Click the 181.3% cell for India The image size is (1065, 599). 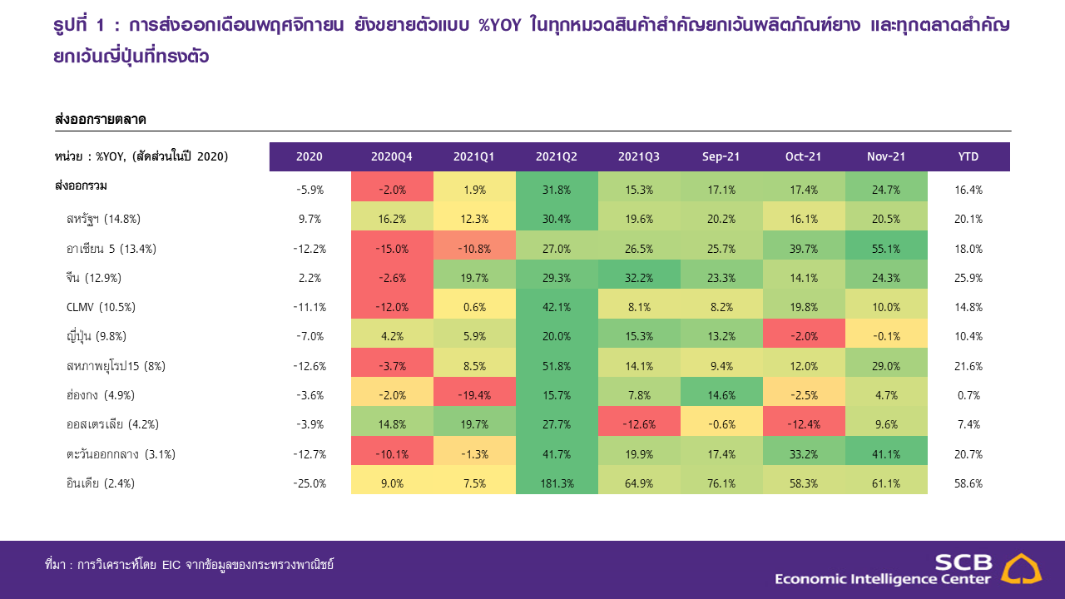(x=557, y=483)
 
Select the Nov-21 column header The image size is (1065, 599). (x=885, y=156)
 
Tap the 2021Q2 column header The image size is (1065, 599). (x=557, y=156)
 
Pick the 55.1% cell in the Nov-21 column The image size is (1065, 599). (x=885, y=249)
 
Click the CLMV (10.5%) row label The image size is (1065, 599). (x=101, y=307)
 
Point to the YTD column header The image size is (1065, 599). (x=968, y=156)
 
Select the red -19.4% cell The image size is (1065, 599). (x=474, y=395)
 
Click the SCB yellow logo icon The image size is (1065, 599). (x=1020, y=570)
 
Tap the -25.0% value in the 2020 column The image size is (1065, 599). (x=310, y=483)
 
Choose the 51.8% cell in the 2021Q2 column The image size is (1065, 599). (x=557, y=366)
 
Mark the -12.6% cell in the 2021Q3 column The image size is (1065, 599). (x=639, y=424)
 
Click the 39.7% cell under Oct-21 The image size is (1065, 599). (x=804, y=249)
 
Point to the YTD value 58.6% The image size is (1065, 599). (x=968, y=483)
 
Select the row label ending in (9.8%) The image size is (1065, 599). (x=96, y=337)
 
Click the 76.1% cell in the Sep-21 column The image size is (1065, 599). (x=721, y=483)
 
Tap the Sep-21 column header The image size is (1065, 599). (x=721, y=156)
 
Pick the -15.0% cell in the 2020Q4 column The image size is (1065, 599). (x=392, y=249)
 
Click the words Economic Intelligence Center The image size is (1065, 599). (x=883, y=579)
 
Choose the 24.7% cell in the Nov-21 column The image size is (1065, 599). (x=885, y=190)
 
